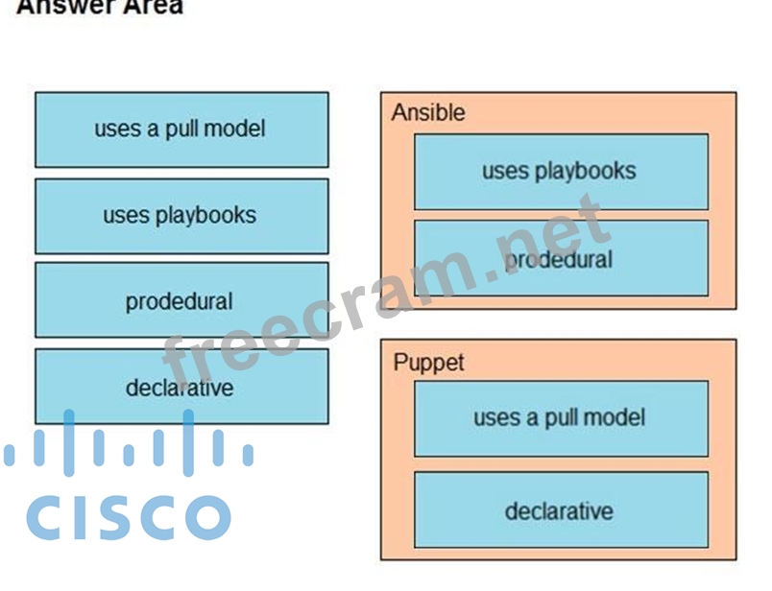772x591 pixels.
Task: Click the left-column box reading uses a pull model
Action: pos(181,130)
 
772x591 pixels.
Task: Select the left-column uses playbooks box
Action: pos(181,215)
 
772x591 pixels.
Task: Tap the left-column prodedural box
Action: pos(181,300)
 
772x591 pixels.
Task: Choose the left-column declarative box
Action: pos(181,387)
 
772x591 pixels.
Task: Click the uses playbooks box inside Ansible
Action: pos(561,172)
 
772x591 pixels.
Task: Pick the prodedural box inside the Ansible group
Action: pos(561,258)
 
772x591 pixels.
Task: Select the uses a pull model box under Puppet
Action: pos(561,417)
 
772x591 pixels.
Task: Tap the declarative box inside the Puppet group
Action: pos(561,509)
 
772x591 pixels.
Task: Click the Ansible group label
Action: pos(428,113)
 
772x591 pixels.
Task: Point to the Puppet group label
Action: pos(428,363)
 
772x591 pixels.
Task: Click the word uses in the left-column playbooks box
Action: pos(124,215)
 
